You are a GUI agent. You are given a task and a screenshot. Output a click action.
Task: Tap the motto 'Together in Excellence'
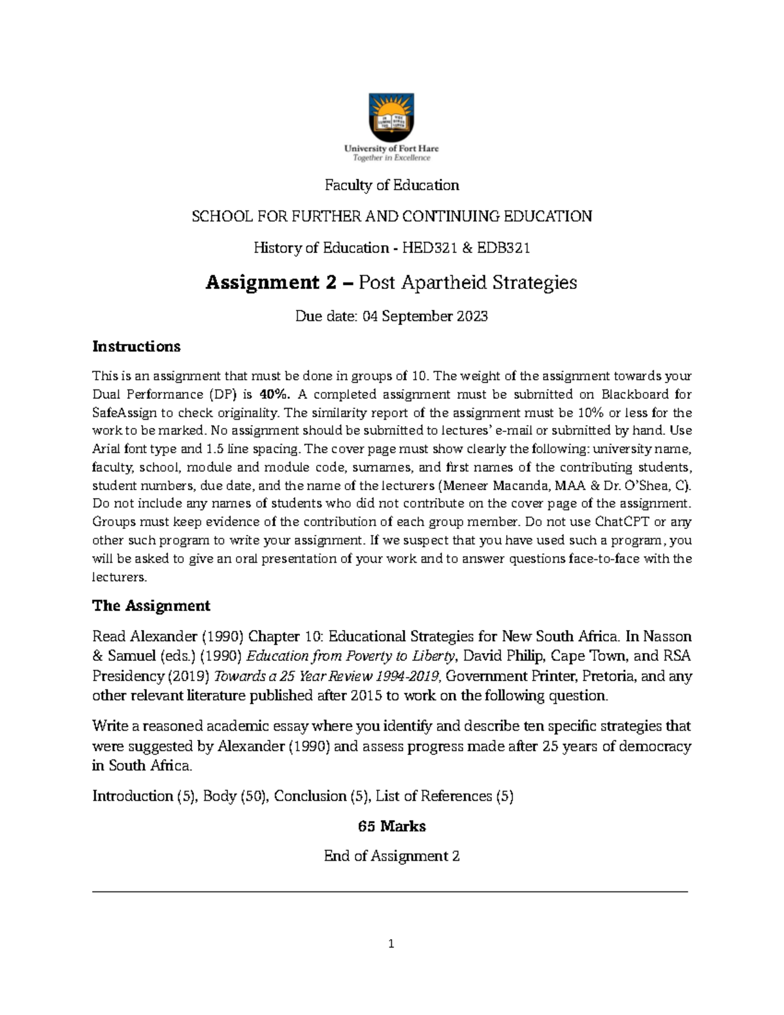tap(391, 158)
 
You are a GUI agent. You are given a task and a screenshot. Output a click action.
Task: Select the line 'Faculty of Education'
tap(392, 186)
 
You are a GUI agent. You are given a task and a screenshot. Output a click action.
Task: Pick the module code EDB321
tap(503, 248)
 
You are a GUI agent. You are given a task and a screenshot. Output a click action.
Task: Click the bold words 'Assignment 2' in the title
tap(272, 282)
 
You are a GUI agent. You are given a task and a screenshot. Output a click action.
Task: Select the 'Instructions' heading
tap(136, 346)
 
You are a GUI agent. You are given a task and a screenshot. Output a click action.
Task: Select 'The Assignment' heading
tap(151, 606)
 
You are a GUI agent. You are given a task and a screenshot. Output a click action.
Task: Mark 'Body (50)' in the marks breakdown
tap(235, 796)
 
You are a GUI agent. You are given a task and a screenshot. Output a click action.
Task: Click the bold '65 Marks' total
tap(391, 826)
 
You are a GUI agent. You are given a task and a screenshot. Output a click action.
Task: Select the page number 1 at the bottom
tap(391, 944)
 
